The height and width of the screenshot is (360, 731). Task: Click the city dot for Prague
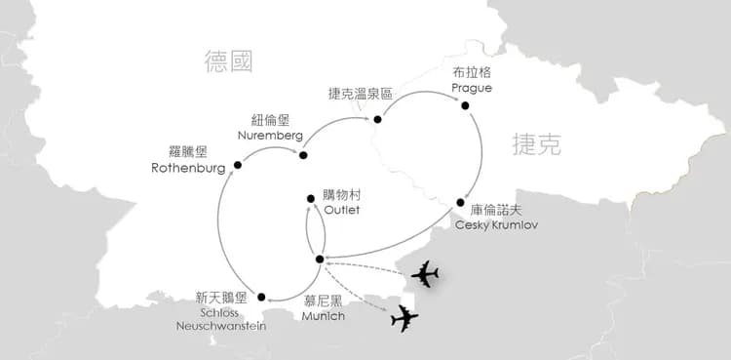pyautogui.click(x=465, y=105)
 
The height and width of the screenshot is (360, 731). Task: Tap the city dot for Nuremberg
pyautogui.click(x=303, y=155)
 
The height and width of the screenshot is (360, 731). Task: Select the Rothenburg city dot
pyautogui.click(x=238, y=165)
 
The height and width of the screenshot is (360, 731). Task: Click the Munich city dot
pyautogui.click(x=320, y=259)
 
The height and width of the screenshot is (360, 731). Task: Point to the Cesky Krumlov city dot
pyautogui.click(x=460, y=202)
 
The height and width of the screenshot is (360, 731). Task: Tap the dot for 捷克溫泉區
pyautogui.click(x=376, y=120)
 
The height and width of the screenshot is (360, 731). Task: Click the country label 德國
pyautogui.click(x=229, y=62)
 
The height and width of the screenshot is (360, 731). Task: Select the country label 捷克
pyautogui.click(x=537, y=145)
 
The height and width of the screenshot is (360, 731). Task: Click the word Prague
pyautogui.click(x=473, y=88)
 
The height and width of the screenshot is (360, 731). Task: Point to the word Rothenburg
pyautogui.click(x=189, y=167)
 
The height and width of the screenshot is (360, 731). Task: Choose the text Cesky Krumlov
pyautogui.click(x=497, y=224)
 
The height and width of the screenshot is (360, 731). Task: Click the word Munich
pyautogui.click(x=322, y=316)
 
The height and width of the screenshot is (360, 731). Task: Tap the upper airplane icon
pyautogui.click(x=426, y=274)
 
